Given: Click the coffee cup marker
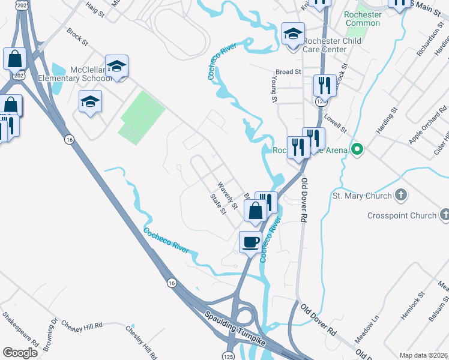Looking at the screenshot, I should point(251,242).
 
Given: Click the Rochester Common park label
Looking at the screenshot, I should point(363,19).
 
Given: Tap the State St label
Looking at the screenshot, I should point(218,203).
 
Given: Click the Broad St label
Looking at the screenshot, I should point(289,71).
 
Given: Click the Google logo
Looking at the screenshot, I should point(20,353).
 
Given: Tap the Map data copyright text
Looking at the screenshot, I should point(423,355).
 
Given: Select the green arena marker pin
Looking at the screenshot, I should point(357,149).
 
